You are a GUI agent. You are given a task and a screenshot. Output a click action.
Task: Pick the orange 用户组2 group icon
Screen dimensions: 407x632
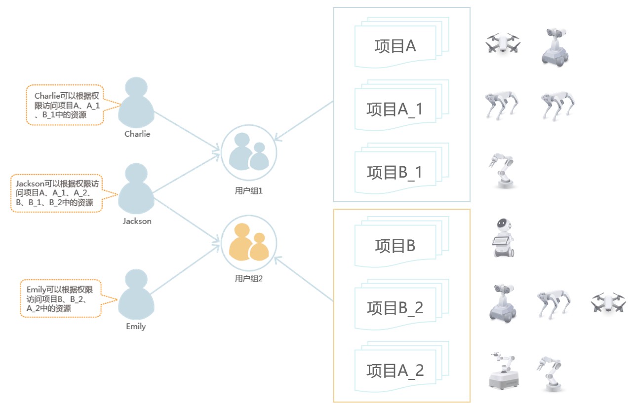coord(249,243)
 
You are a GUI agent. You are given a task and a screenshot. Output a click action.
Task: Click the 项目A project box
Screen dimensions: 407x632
coord(395,46)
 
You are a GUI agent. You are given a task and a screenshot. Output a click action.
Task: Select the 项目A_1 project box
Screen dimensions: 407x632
coord(395,109)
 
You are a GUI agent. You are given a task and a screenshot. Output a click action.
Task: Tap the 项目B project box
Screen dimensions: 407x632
coord(395,245)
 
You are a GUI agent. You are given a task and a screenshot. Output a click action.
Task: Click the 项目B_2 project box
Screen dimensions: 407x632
coord(395,308)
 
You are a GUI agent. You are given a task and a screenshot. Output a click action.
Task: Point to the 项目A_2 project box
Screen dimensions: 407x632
coord(395,370)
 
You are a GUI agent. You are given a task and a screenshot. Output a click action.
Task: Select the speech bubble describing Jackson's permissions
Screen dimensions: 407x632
coord(57,193)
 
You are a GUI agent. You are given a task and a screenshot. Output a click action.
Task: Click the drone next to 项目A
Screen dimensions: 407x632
coord(503,43)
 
